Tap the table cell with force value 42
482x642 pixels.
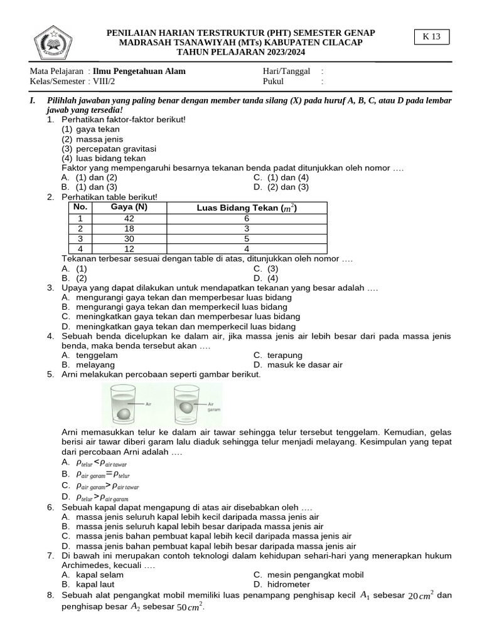pos(129,218)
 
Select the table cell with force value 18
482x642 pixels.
pos(129,228)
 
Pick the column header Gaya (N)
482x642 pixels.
pos(129,208)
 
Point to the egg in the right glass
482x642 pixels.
pos(188,408)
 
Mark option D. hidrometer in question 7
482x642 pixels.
pos(283,584)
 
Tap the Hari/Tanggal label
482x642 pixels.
pos(287,71)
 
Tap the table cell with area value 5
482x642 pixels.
pos(247,238)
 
